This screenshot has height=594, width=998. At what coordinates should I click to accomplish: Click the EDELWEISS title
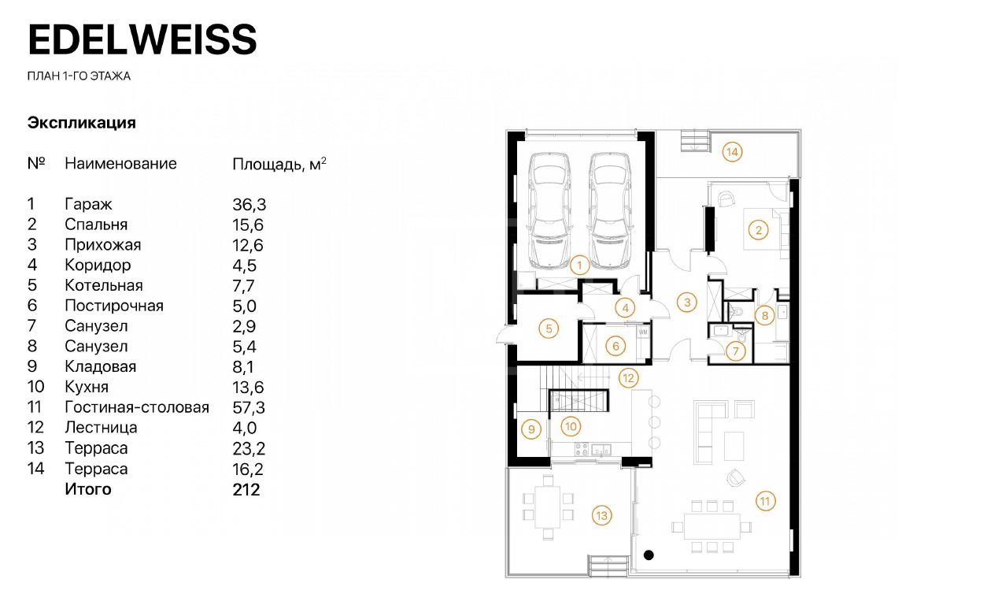(x=142, y=39)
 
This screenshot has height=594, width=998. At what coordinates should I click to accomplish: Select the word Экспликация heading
(x=82, y=123)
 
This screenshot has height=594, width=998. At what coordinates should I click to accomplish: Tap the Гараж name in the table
(x=88, y=204)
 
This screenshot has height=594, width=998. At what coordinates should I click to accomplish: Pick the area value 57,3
(x=249, y=407)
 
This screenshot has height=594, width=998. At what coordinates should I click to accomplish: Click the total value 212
(x=246, y=490)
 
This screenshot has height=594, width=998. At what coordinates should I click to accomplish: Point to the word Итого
(x=88, y=489)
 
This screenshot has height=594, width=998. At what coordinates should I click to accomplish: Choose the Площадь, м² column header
(x=279, y=164)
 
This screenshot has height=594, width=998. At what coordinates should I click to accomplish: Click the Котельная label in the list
(x=104, y=285)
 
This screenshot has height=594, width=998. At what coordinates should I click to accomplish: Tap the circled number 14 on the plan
(x=732, y=152)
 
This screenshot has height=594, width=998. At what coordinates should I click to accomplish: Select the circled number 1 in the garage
(x=579, y=265)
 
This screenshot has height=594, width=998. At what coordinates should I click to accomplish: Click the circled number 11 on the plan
(x=765, y=501)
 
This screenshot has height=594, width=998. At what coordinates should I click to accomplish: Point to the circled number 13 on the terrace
(x=601, y=516)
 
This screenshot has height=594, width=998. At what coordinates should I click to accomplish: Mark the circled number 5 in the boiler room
(x=549, y=329)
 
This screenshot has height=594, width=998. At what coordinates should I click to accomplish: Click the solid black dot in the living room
(x=649, y=555)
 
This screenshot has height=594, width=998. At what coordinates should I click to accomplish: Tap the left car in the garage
(x=550, y=211)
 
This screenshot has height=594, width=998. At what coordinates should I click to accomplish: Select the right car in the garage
(x=611, y=211)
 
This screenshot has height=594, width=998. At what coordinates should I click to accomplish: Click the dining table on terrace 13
(x=548, y=507)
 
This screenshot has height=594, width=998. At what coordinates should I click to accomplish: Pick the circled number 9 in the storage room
(x=531, y=429)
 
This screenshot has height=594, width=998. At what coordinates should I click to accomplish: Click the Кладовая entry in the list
(x=101, y=366)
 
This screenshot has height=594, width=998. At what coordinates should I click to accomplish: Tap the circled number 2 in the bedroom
(x=758, y=230)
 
